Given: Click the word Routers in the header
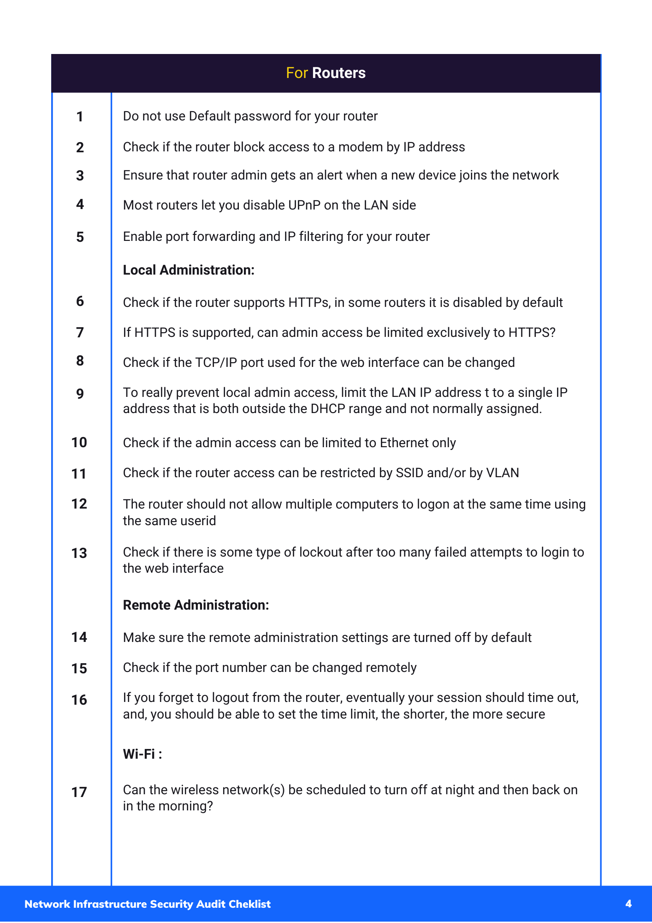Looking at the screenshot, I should (x=338, y=73).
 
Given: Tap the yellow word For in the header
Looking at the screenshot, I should (x=296, y=73).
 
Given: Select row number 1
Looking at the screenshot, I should (x=80, y=117).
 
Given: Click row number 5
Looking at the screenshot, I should (x=80, y=237).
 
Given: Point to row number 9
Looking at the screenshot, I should (x=80, y=394).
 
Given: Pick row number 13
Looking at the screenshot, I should (x=79, y=553).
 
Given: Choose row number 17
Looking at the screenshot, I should (x=79, y=792).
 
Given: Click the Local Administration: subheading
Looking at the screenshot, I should (x=189, y=270).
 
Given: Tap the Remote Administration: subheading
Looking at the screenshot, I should (x=196, y=605).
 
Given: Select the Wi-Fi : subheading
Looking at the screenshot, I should (x=142, y=754).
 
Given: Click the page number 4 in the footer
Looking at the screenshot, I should (x=628, y=904).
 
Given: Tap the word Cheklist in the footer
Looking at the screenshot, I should (x=249, y=904).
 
